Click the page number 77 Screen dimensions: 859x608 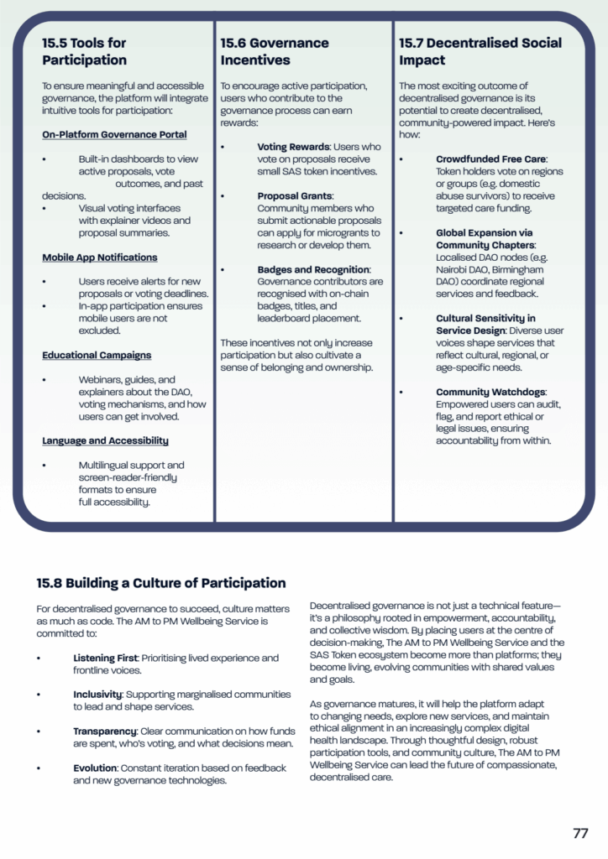580,834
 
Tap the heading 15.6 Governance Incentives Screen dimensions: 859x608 275,51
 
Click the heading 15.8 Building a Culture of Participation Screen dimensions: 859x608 160,583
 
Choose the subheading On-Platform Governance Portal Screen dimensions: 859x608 114,134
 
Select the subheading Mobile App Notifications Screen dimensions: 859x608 99,258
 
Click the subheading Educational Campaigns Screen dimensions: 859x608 97,356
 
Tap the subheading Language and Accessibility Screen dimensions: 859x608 105,440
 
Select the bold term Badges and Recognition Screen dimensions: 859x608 313,269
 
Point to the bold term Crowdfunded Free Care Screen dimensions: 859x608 490,159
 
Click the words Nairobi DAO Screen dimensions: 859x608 459,269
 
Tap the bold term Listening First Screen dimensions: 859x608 103,658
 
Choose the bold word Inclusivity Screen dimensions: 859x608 97,695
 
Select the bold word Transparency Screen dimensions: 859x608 104,731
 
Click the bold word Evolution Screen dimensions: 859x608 94,768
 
